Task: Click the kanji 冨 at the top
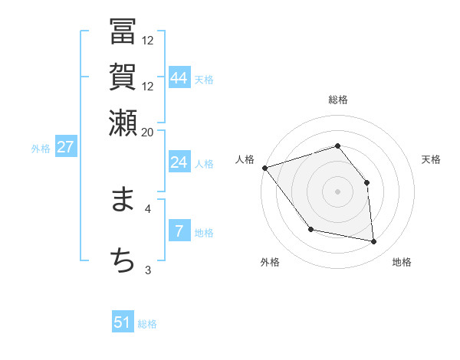click(x=123, y=33)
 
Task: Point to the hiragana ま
click(x=123, y=201)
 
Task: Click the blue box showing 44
click(x=179, y=77)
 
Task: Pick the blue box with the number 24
click(x=179, y=162)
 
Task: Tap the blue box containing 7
click(x=179, y=231)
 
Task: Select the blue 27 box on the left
click(x=65, y=147)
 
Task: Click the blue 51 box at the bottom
click(x=123, y=322)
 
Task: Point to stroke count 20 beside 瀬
click(x=147, y=132)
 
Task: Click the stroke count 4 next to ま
click(x=147, y=208)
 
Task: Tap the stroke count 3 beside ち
click(x=147, y=270)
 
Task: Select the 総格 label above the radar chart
click(x=338, y=100)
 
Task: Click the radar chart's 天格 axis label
click(x=431, y=159)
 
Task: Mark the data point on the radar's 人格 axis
click(x=264, y=168)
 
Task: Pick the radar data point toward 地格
click(x=374, y=242)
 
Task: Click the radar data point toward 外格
click(x=310, y=229)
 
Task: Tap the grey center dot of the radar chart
click(x=337, y=191)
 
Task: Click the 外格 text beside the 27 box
click(x=40, y=149)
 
